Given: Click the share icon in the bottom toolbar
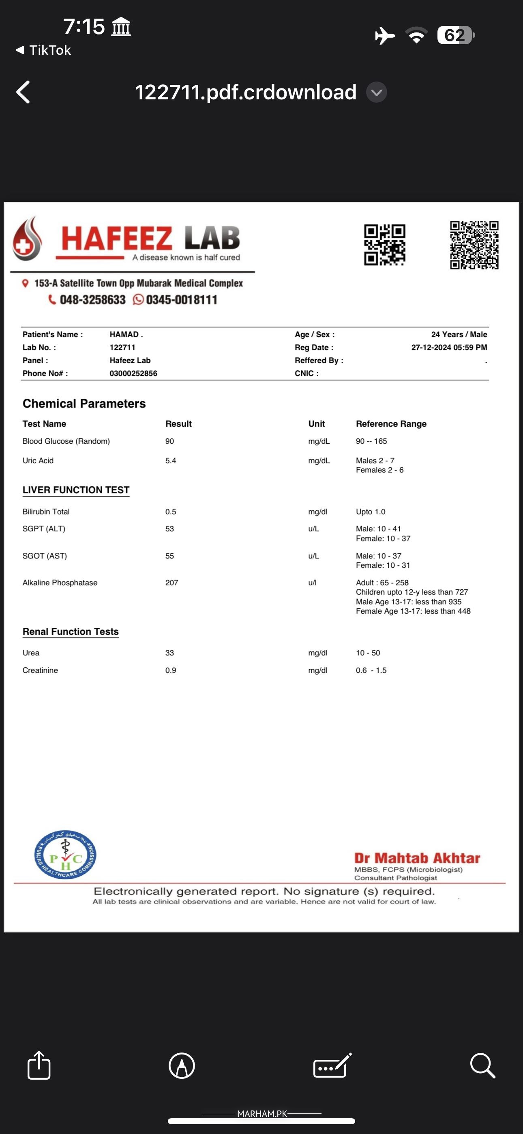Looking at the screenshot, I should click(39, 1065).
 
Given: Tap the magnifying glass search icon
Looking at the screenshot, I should click(482, 1065).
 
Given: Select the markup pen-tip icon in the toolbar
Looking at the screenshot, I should click(181, 1065).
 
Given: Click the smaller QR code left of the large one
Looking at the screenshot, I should click(384, 245).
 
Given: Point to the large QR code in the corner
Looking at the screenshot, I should click(474, 245).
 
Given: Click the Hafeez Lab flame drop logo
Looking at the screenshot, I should click(28, 239).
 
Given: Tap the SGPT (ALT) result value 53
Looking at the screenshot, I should click(169, 529).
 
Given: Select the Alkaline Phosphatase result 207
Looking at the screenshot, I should click(171, 582).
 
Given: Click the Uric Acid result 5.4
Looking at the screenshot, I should click(171, 460).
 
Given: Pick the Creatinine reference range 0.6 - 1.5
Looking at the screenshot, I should click(371, 670).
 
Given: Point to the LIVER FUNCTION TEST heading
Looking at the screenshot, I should click(76, 490).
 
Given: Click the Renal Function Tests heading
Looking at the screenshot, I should click(71, 631).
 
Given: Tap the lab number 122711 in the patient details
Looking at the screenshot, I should click(122, 347).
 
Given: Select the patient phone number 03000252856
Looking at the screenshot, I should click(133, 373).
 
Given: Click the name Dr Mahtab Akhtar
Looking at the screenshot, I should click(417, 858).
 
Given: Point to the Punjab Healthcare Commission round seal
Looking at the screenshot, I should click(66, 855).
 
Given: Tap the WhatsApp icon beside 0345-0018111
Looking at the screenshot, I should click(138, 300).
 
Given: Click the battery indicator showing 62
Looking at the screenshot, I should click(456, 35).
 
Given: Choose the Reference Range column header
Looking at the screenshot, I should click(391, 423).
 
